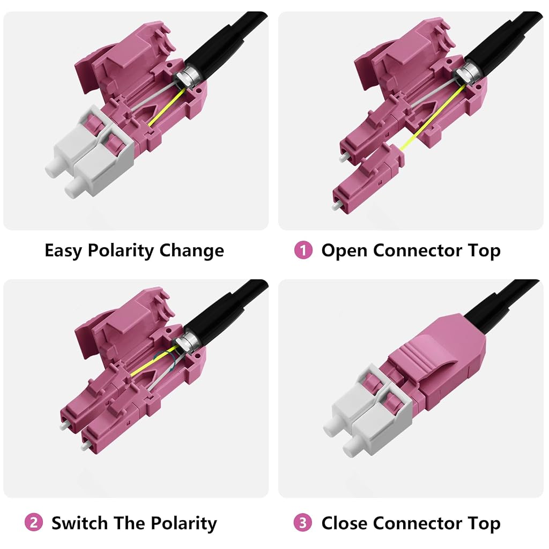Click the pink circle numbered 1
point(303,250)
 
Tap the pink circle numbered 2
point(34,523)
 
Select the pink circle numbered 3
point(303,523)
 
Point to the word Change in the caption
point(191,251)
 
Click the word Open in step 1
point(344,251)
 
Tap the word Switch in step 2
point(79,523)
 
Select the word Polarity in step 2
point(184,524)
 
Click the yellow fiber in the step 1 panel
point(433,117)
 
